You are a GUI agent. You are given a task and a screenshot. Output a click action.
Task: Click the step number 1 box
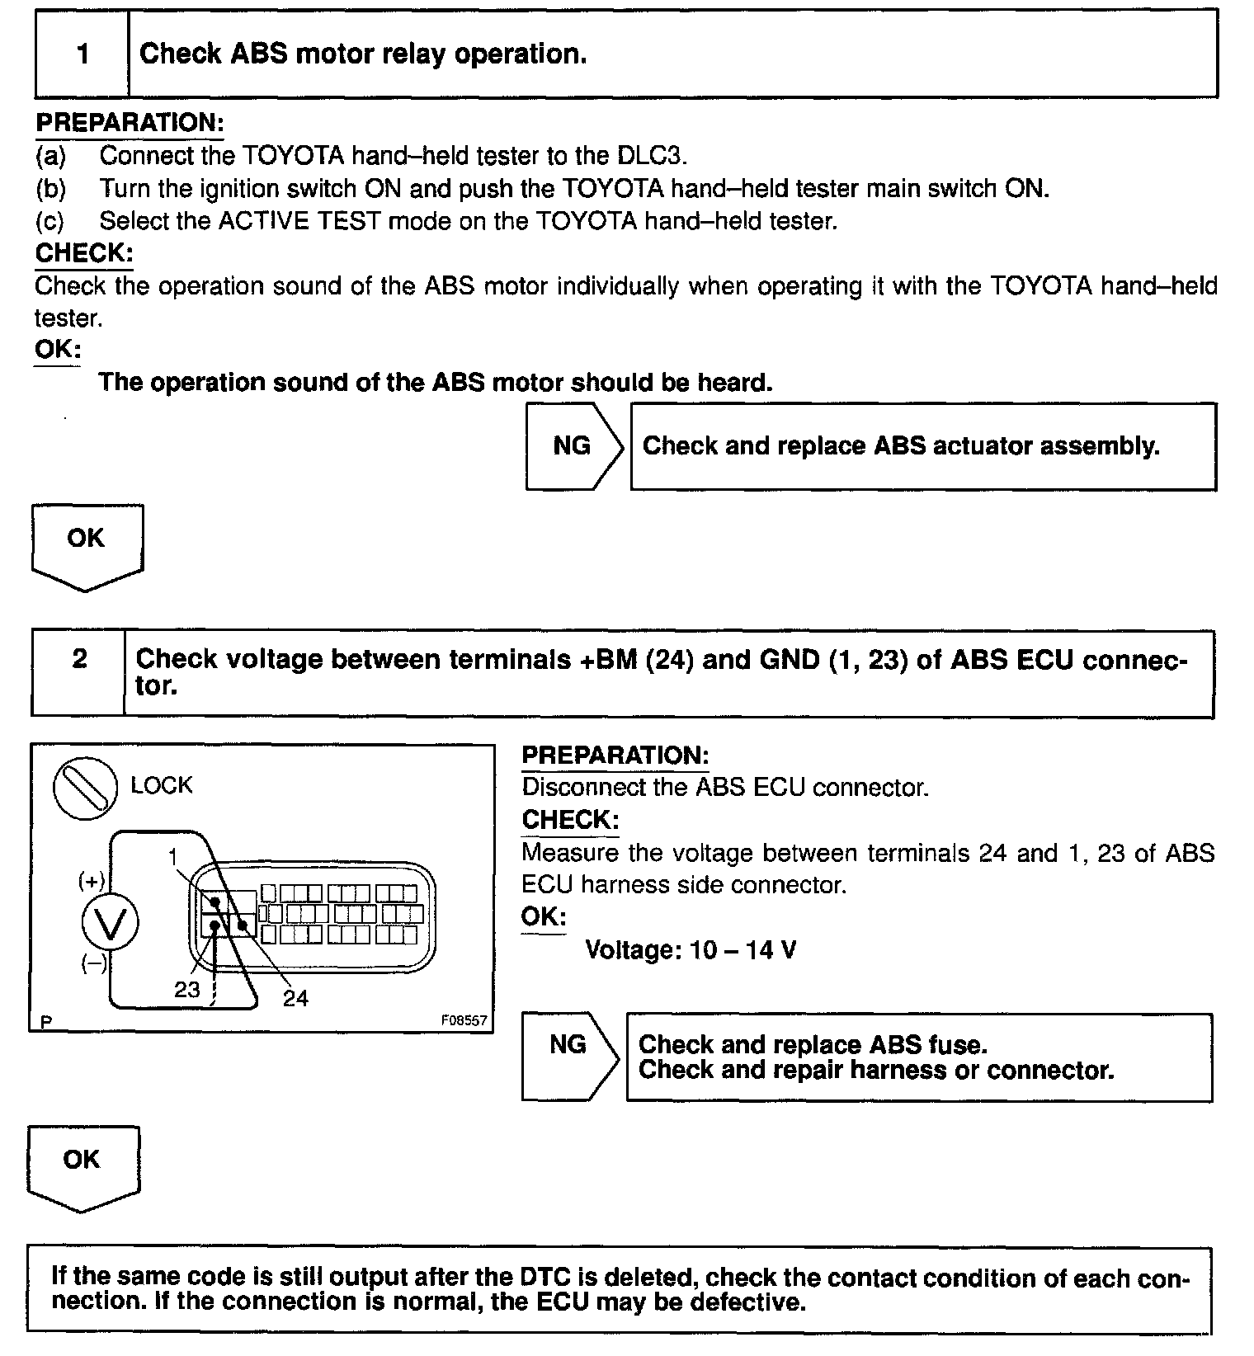(82, 54)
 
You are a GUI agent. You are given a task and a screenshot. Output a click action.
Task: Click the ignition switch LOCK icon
(84, 789)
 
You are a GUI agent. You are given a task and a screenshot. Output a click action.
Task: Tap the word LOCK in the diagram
(162, 785)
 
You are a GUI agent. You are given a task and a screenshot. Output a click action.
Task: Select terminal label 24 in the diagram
(295, 999)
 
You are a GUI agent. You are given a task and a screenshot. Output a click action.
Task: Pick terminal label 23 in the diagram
(187, 989)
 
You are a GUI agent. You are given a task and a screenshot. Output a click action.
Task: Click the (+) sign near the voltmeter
(91, 882)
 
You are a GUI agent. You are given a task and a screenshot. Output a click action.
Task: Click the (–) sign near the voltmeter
(93, 963)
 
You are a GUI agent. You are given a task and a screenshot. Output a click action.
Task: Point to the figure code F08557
(464, 1020)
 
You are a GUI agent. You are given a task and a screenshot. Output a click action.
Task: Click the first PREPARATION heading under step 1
(130, 123)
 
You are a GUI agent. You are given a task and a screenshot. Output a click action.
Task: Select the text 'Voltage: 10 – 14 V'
(691, 950)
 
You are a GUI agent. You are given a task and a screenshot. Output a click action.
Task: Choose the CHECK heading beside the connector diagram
(570, 820)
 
